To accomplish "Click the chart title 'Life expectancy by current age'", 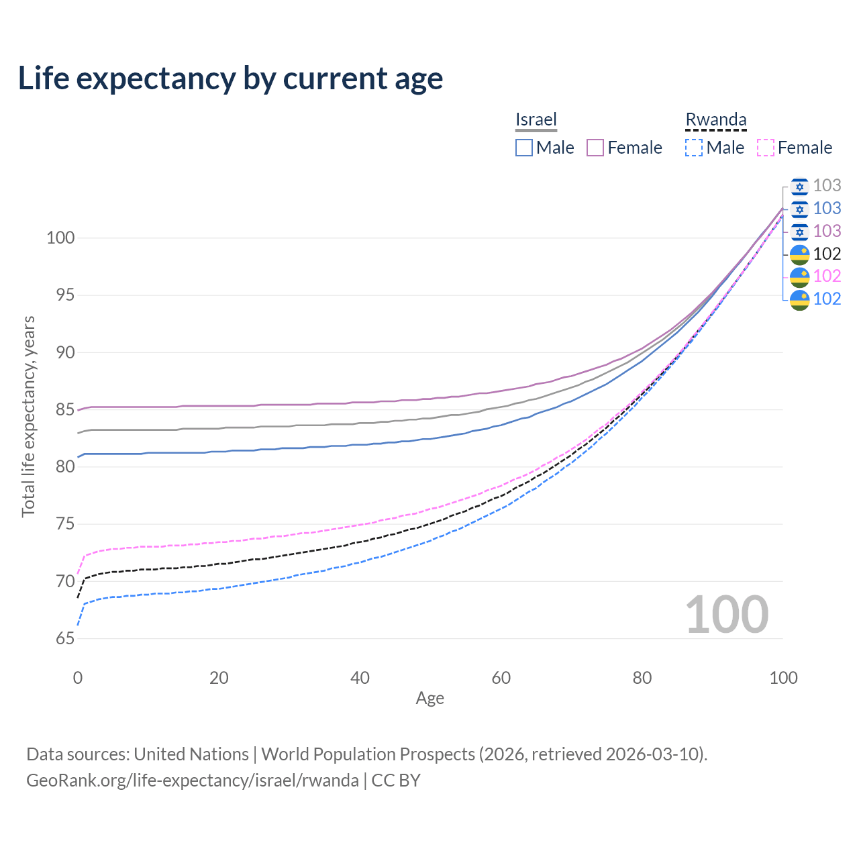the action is point(230,79).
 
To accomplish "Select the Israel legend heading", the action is point(536,119).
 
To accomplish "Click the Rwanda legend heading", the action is point(715,119).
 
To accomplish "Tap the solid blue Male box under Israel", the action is point(523,148).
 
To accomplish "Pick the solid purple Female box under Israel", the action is point(595,148).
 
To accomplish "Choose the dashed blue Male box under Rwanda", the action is point(694,148).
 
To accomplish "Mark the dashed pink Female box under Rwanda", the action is point(765,148).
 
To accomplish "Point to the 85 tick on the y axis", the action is point(65,409).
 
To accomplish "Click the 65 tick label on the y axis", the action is point(65,638).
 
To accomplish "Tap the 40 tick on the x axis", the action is point(360,678).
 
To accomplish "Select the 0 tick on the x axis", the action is point(78,678).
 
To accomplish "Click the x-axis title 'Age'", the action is point(429,698).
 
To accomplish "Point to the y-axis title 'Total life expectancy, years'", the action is point(28,417).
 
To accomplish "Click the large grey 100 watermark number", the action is point(727,615).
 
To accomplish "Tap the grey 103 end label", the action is point(827,185).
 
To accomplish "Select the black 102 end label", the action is point(827,254).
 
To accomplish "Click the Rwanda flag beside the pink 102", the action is point(799,276).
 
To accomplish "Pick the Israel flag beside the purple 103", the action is point(799,232).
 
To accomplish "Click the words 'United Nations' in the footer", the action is point(191,754).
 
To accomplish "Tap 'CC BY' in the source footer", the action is point(396,780).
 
